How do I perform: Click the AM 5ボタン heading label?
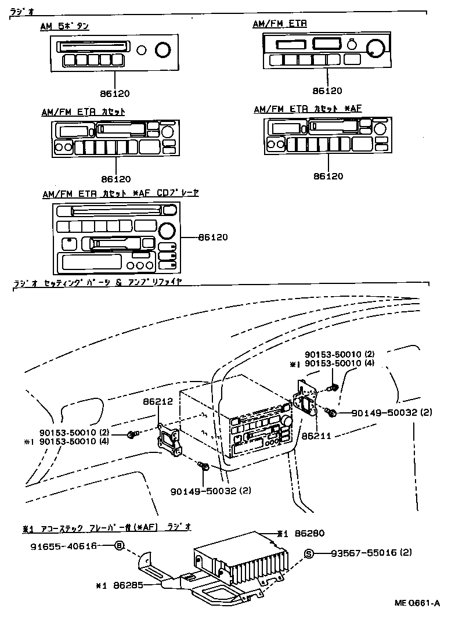(x=64, y=26)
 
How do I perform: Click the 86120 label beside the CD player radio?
(x=213, y=237)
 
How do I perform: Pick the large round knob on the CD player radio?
(x=167, y=231)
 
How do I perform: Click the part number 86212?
(x=157, y=401)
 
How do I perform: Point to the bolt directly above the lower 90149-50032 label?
(x=203, y=465)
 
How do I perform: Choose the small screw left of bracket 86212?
(x=133, y=434)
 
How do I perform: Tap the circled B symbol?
(x=120, y=546)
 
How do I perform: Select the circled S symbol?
(x=309, y=553)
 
